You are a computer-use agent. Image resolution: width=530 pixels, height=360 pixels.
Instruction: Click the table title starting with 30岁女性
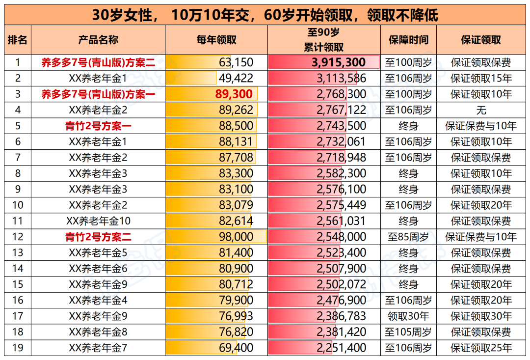coord(265,15)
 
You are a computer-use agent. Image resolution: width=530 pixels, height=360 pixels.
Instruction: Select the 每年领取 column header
coord(216,40)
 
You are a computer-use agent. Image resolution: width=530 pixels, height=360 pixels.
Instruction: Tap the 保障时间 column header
coord(408,40)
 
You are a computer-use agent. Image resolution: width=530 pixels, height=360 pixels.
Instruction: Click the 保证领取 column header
coord(481,40)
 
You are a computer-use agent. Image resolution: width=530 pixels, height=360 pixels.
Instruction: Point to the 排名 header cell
coord(18,40)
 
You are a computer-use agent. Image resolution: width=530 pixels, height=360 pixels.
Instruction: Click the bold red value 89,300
coord(234,94)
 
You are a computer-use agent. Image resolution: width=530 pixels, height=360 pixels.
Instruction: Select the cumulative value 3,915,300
coord(339,62)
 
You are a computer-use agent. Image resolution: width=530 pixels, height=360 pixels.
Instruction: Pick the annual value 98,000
coord(236,237)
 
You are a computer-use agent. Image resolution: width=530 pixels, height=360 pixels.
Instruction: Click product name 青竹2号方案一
coord(98,126)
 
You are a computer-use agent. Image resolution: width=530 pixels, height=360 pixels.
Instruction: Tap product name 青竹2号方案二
coord(98,237)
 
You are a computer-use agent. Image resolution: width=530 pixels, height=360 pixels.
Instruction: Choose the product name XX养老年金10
coord(98,221)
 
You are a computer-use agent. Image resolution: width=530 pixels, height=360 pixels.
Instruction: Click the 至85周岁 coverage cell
coord(408,237)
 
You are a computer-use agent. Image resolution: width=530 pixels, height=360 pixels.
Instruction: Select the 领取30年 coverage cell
coord(408,316)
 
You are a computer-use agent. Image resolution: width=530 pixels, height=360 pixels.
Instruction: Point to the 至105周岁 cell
coord(408,332)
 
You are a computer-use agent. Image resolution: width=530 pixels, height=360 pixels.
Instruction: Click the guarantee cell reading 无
coord(481,110)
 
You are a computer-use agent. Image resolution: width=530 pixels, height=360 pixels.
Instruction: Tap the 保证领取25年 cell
coord(481,348)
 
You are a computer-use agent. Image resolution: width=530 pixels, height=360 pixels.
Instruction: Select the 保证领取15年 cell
coord(481,78)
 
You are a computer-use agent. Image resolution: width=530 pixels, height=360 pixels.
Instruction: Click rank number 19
coord(18,348)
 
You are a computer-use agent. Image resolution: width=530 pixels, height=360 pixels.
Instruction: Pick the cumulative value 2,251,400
coord(342,348)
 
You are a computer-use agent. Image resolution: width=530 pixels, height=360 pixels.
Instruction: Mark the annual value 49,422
coord(236,78)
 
